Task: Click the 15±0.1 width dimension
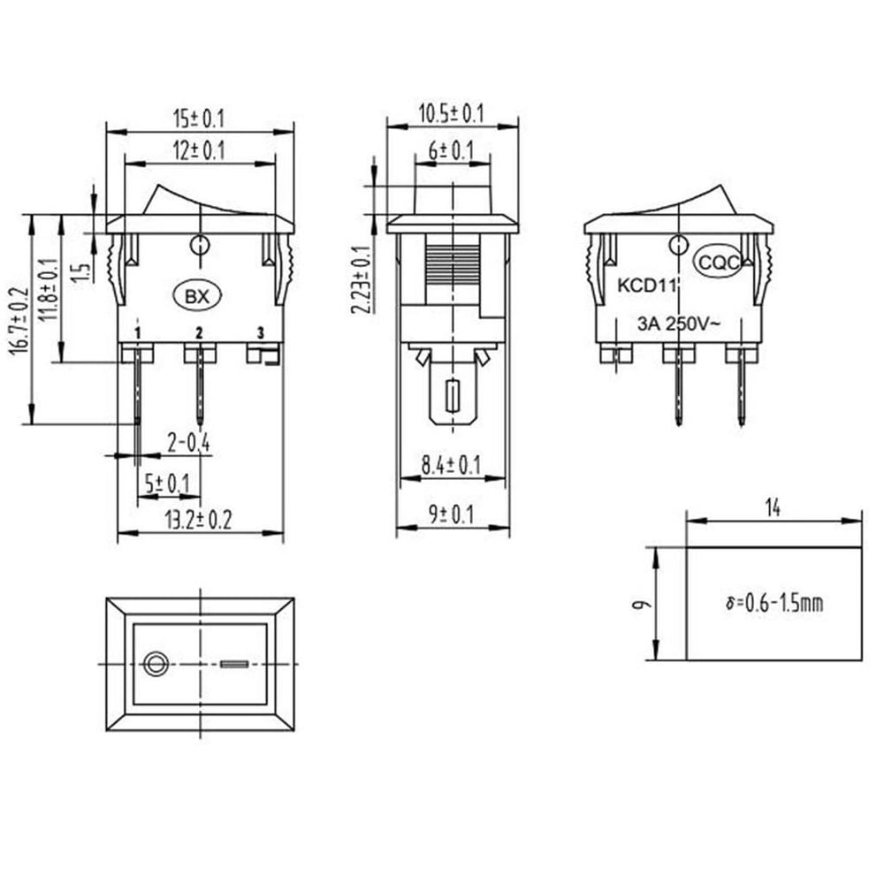pyautogui.click(x=199, y=119)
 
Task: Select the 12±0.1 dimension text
pyautogui.click(x=199, y=151)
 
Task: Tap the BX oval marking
pyautogui.click(x=197, y=296)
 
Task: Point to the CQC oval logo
pyautogui.click(x=719, y=263)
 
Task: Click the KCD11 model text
pyautogui.click(x=647, y=286)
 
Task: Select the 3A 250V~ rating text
pyautogui.click(x=679, y=324)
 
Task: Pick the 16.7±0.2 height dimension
pyautogui.click(x=18, y=321)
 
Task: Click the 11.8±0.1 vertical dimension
pyautogui.click(x=50, y=289)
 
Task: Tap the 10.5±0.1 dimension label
pyautogui.click(x=451, y=114)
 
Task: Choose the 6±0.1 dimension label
pyautogui.click(x=451, y=151)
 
